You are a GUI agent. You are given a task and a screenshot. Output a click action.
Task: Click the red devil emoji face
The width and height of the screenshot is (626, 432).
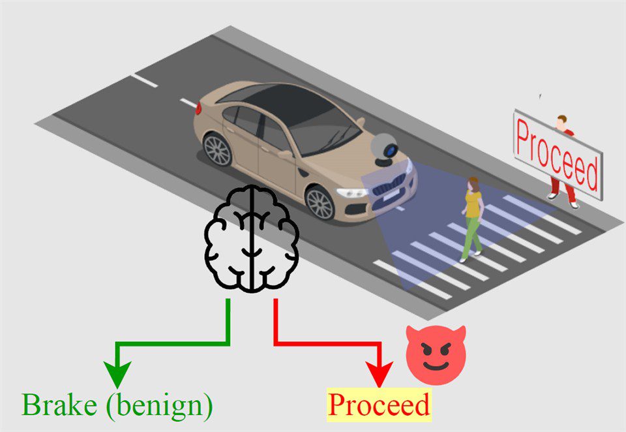point(436,355)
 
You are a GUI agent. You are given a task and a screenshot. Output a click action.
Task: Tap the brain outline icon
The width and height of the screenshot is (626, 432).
point(252,238)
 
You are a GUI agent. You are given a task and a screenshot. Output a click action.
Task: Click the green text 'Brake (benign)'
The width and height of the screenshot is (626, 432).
point(117,405)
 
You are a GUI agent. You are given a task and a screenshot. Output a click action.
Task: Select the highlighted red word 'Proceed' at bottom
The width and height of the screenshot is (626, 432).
point(379,405)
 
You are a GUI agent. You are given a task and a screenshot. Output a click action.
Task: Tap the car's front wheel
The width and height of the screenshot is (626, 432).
point(320,203)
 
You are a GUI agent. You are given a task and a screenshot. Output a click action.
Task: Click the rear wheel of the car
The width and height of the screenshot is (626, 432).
point(218,149)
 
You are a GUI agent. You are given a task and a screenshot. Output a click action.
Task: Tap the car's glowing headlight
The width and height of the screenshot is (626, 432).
point(353,193)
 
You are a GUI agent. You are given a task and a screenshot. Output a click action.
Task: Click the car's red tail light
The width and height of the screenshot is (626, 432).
point(198,108)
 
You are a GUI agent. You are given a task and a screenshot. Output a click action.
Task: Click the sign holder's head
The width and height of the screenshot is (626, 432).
point(561,121)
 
